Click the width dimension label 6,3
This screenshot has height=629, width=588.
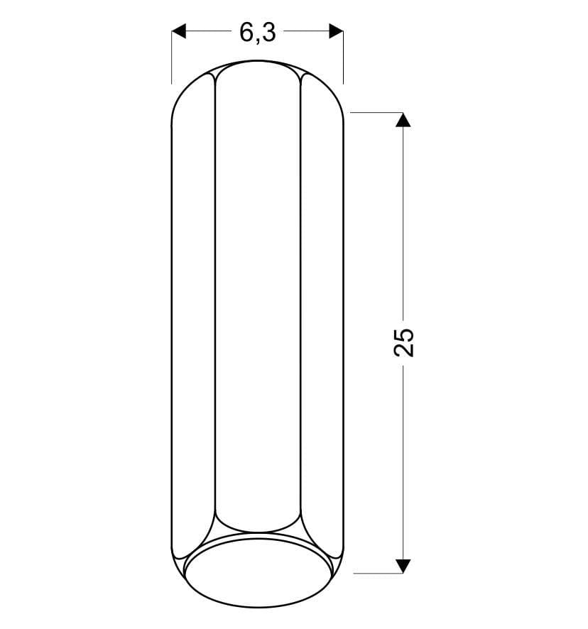point(258,33)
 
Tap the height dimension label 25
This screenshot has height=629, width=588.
point(404,342)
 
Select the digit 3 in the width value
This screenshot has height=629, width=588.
point(269,32)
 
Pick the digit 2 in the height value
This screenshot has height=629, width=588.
point(404,350)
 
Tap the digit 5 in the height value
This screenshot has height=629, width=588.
point(404,334)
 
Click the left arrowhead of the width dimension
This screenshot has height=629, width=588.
point(179,31)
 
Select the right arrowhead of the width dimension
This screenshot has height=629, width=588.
point(336,31)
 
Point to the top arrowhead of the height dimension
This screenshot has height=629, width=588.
point(403,120)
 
